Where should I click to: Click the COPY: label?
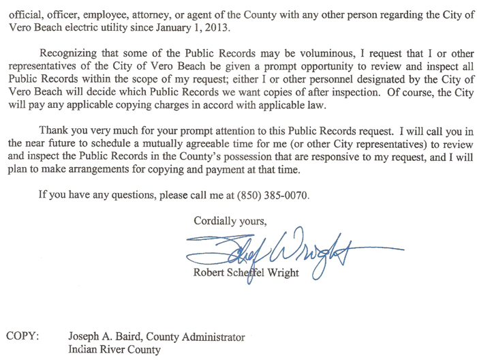click(x=22, y=336)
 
